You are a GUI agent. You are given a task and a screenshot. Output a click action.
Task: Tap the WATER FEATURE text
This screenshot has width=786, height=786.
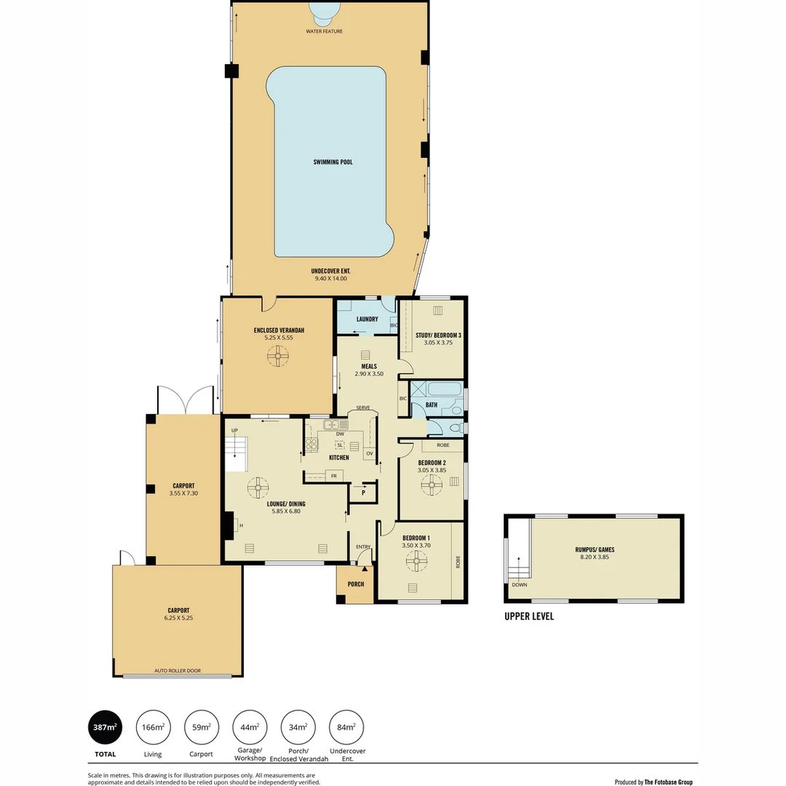(x=325, y=31)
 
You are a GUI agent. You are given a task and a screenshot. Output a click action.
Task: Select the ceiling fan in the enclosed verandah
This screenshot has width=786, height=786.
(x=278, y=357)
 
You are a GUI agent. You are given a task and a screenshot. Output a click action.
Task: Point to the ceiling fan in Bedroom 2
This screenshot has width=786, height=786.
(x=432, y=485)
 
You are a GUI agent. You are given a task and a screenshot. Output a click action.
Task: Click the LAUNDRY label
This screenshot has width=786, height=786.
(x=367, y=319)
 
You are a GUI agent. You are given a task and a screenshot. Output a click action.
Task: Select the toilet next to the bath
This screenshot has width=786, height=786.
(x=453, y=428)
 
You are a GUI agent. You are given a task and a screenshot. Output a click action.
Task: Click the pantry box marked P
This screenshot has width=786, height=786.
(x=363, y=493)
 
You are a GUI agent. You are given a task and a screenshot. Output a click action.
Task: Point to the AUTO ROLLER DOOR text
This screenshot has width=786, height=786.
(x=177, y=670)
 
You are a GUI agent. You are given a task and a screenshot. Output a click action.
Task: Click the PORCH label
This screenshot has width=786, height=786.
(x=356, y=584)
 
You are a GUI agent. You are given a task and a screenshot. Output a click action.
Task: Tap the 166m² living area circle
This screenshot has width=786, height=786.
(x=153, y=727)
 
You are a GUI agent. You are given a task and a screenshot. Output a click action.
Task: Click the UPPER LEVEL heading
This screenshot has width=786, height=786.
(x=529, y=616)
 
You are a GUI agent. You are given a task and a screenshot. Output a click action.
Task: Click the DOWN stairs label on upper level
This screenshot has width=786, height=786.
(x=519, y=584)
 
